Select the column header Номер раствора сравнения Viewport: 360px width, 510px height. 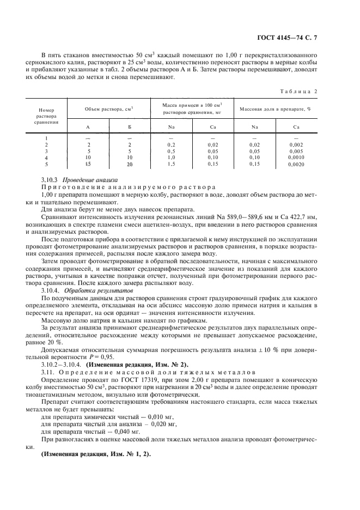pyautogui.click(x=42, y=116)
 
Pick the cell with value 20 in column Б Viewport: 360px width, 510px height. pyautogui.click(x=130, y=164)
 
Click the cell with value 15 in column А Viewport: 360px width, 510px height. pyautogui.click(x=88, y=164)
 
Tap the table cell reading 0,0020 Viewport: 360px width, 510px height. pyautogui.click(x=297, y=164)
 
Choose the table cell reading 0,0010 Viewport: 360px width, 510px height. pyautogui.click(x=297, y=157)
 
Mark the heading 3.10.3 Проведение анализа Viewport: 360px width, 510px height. pyautogui.click(x=80, y=180)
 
